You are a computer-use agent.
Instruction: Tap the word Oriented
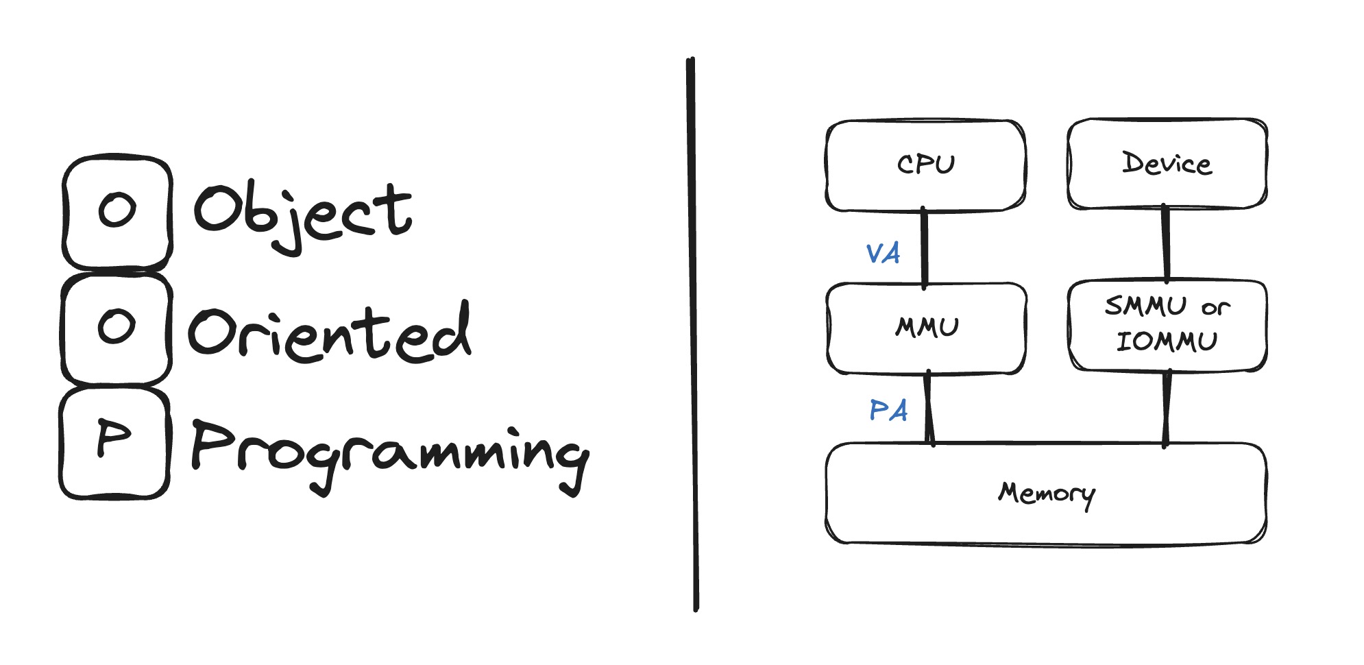pos(329,333)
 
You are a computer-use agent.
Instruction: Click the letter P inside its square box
pos(114,439)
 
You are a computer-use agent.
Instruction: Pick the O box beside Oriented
pos(117,326)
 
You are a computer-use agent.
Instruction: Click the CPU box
pos(925,165)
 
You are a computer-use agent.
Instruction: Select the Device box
pos(1167,163)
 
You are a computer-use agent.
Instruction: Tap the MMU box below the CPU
pos(927,327)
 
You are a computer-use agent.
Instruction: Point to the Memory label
pos(1046,494)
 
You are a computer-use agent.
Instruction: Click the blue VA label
pos(883,254)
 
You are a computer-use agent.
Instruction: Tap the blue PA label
pos(888,411)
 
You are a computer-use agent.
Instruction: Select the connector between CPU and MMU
pos(924,247)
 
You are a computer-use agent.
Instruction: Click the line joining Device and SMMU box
pos(1165,243)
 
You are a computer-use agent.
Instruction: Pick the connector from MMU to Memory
pos(929,409)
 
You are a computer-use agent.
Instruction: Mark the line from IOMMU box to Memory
pos(1167,407)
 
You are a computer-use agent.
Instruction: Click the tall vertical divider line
pos(692,336)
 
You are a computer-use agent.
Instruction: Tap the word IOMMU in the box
pos(1167,341)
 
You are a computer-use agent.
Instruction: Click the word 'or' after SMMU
pos(1215,308)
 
